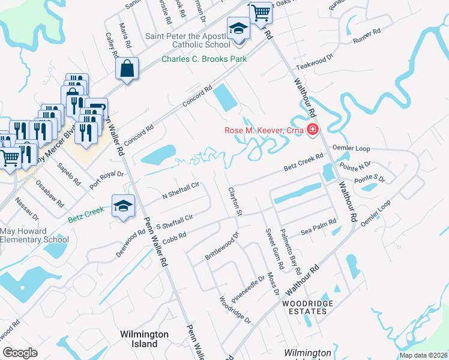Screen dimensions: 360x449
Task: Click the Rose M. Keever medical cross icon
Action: [x=312, y=130]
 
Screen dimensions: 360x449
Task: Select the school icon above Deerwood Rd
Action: [x=123, y=206]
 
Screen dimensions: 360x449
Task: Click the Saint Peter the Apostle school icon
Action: [x=238, y=29]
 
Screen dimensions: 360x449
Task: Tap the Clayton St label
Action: [x=234, y=202]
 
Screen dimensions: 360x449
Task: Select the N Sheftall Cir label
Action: [x=181, y=191]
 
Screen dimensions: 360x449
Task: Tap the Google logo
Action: [x=20, y=352]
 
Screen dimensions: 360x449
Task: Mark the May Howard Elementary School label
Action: [x=34, y=235]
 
